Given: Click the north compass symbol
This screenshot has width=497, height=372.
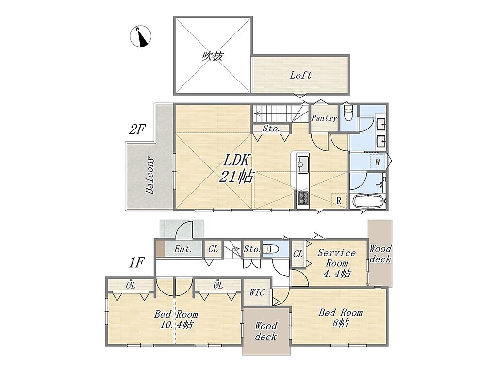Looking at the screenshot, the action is (140, 36).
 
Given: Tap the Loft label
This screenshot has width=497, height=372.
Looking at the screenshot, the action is (300, 75).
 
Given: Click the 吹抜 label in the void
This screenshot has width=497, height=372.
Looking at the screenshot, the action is (213, 56).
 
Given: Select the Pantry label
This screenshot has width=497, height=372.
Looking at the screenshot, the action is (324, 118).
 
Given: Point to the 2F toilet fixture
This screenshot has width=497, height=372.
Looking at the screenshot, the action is (348, 113).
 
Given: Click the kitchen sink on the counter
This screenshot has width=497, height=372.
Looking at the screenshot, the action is (303, 164).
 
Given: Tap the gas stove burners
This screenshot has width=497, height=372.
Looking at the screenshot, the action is (303, 198).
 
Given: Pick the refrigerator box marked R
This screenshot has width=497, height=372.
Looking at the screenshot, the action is (339, 200).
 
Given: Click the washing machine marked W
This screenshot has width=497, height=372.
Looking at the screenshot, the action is (378, 162).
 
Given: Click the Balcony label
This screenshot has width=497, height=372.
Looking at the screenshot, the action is (150, 175).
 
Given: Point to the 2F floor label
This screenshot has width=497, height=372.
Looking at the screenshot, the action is (137, 129).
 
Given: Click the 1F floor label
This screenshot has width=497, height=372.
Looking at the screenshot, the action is (136, 263).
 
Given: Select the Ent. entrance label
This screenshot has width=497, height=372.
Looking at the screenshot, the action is (183, 249).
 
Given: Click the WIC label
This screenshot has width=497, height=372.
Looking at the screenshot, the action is (257, 292).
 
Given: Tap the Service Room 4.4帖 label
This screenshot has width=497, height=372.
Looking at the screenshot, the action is (337, 263).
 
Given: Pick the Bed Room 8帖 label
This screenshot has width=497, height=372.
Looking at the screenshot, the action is (340, 318).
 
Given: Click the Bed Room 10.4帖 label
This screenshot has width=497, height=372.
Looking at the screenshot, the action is (176, 320).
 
